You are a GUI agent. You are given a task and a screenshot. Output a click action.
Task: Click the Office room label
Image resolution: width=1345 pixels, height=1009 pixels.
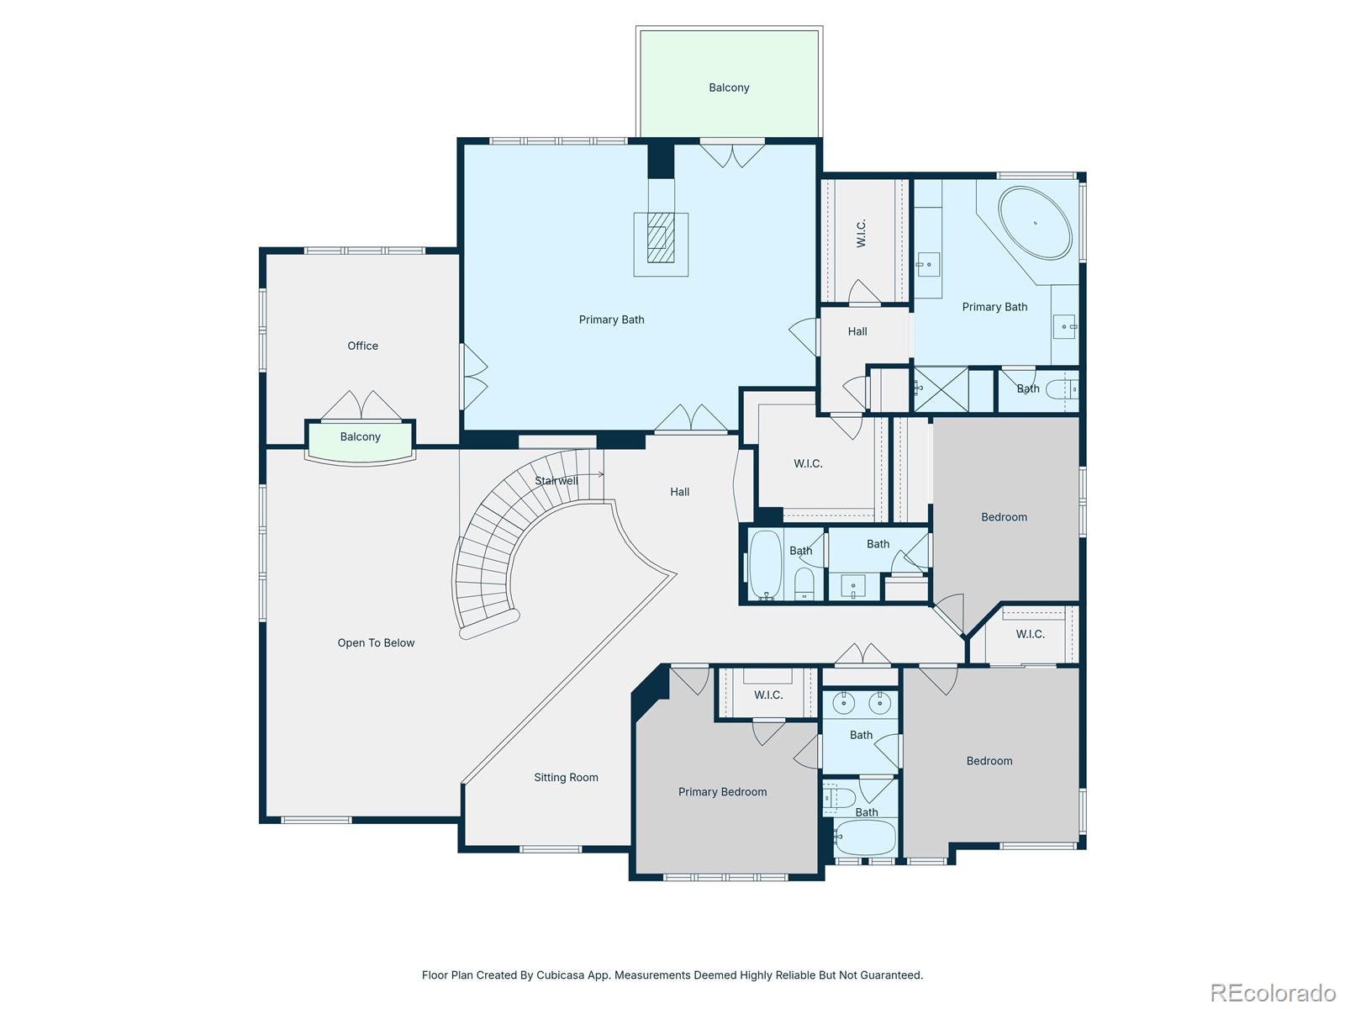click(x=362, y=346)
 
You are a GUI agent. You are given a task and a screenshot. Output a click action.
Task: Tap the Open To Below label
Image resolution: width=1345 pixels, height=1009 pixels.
click(x=376, y=642)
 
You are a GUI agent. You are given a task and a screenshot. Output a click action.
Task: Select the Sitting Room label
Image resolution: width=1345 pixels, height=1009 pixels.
click(x=566, y=778)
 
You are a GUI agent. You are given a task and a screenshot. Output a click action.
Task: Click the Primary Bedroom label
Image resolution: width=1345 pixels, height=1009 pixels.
click(x=722, y=791)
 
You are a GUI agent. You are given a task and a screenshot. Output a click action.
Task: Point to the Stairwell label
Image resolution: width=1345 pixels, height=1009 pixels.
click(x=556, y=481)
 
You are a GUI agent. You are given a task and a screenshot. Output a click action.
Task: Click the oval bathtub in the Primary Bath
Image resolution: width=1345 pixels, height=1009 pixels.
click(x=1034, y=223)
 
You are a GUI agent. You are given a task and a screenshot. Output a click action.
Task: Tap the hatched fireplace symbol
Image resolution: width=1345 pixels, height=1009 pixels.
click(x=661, y=238)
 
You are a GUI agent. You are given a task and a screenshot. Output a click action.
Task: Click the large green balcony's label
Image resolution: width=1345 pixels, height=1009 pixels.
click(x=729, y=87)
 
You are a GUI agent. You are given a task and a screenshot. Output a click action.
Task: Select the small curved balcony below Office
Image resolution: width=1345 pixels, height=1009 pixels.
click(x=361, y=442)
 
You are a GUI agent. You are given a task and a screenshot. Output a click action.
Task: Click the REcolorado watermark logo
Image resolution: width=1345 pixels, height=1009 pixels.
click(x=1273, y=992)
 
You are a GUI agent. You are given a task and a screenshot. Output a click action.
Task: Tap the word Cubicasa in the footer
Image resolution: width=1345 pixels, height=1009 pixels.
click(x=561, y=975)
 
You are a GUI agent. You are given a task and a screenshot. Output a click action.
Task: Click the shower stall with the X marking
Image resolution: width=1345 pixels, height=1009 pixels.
click(x=941, y=389)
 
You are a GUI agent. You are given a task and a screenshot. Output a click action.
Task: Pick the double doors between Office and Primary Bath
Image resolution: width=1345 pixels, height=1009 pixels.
click(x=474, y=377)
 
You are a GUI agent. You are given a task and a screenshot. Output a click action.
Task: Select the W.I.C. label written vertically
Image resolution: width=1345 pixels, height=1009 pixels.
click(x=861, y=234)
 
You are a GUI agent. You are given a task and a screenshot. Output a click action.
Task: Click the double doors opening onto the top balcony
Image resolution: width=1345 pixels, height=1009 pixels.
click(x=732, y=154)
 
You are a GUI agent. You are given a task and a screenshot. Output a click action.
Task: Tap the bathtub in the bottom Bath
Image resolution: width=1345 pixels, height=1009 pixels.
click(x=865, y=837)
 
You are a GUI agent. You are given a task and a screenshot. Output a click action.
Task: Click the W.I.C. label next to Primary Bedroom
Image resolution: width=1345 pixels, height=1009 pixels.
click(x=767, y=695)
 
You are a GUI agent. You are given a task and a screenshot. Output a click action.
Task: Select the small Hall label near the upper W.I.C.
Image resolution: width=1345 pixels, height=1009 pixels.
click(x=857, y=331)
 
